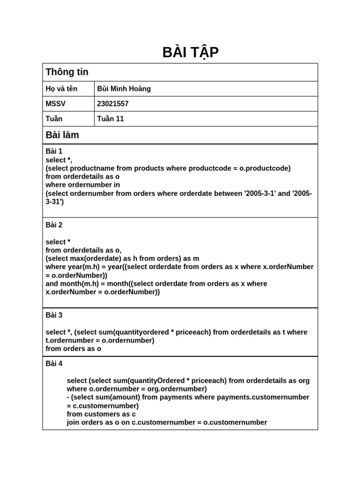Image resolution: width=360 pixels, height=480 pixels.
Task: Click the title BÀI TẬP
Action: [x=190, y=52]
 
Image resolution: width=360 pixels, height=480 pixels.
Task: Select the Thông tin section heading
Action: [x=67, y=72]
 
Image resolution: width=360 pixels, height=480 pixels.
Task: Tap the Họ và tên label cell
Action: [x=61, y=89]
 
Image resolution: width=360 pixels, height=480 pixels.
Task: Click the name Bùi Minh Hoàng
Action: [x=124, y=89]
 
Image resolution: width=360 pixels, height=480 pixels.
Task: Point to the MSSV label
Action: [x=55, y=104]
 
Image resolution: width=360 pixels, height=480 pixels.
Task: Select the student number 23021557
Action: [x=112, y=104]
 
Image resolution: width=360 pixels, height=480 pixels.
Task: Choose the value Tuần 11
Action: [x=110, y=119]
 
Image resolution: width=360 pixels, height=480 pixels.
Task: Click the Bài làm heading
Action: [x=62, y=135]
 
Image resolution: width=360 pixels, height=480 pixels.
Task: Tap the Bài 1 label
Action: [x=54, y=151]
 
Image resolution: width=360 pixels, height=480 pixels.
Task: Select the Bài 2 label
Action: [x=54, y=225]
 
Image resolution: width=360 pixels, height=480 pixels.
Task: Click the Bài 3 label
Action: [x=54, y=315]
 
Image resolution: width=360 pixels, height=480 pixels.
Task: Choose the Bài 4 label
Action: [x=54, y=363]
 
